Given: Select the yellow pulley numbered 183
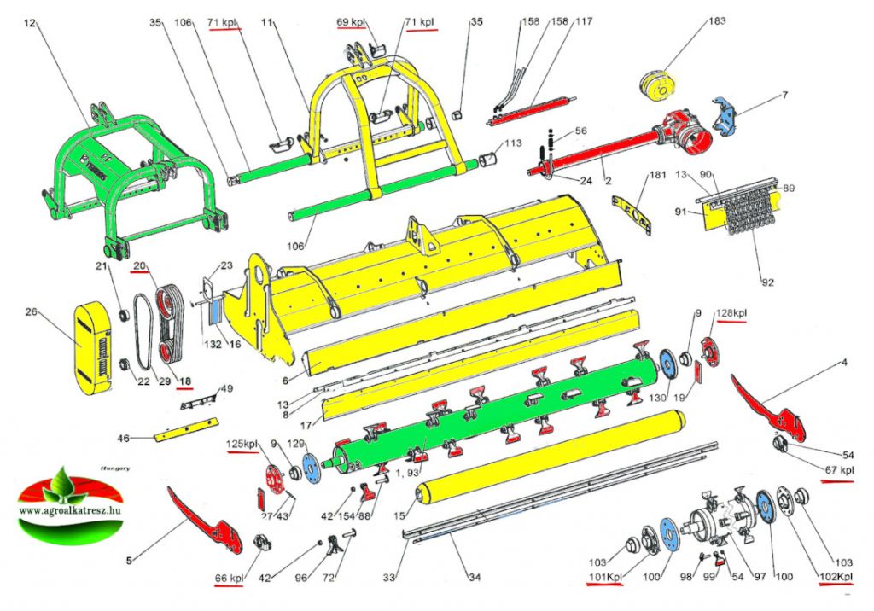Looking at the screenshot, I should pyautogui.click(x=658, y=87).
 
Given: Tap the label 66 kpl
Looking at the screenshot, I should pyautogui.click(x=228, y=579).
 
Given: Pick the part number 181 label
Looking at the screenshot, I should pyautogui.click(x=656, y=175).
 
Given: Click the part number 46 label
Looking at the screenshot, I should pyautogui.click(x=124, y=439).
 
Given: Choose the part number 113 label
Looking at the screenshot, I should pyautogui.click(x=513, y=144).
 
